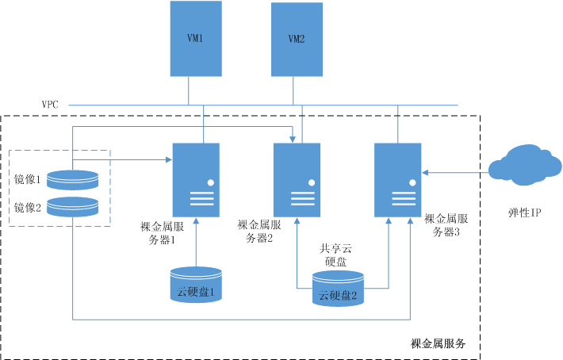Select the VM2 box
[x=297, y=39]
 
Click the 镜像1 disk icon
[x=73, y=179]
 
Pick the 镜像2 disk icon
[x=73, y=207]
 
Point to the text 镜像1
[x=28, y=180]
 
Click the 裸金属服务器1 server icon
[x=197, y=180]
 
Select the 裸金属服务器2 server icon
[x=297, y=180]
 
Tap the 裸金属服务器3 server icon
[x=399, y=180]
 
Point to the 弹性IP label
[x=524, y=213]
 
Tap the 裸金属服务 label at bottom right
[x=438, y=344]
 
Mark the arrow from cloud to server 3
[x=456, y=169]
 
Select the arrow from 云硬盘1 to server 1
[x=196, y=242]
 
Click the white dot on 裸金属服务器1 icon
[x=211, y=183]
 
